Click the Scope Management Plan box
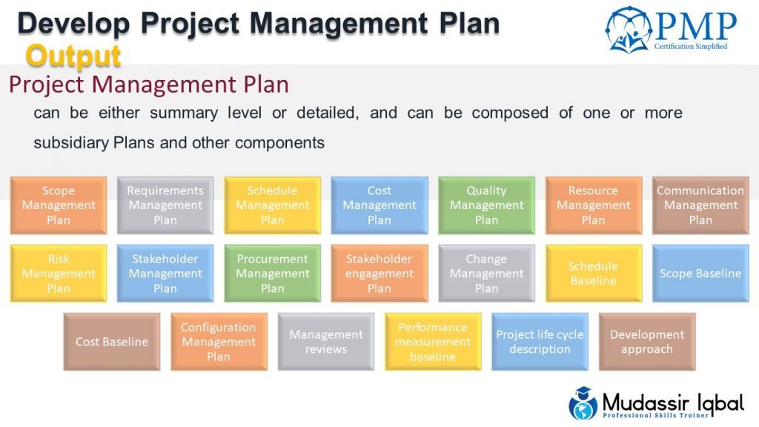[59, 205]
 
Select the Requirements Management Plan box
[165, 205]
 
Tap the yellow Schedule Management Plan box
[272, 205]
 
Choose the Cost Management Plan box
[379, 205]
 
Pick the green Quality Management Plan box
[486, 205]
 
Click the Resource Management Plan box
[593, 205]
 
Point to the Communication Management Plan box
[700, 205]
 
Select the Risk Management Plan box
[59, 274]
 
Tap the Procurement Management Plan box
[272, 274]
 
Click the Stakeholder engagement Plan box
[379, 274]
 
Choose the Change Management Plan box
[486, 274]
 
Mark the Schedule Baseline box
[593, 274]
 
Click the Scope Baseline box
[700, 274]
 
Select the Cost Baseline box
[112, 342]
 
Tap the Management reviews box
[326, 342]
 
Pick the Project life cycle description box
[540, 342]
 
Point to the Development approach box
[647, 342]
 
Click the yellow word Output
[73, 56]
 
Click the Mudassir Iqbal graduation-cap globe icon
[583, 403]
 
